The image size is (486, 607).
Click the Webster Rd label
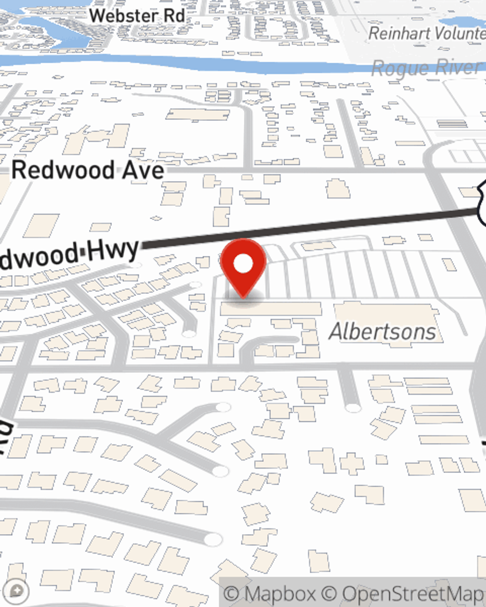[x=137, y=16]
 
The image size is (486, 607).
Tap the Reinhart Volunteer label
[x=427, y=34]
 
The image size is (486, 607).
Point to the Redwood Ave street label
[x=87, y=170]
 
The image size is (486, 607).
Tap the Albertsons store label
[x=382, y=332]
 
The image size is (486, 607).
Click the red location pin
[x=243, y=267]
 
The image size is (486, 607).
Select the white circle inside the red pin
[x=243, y=264]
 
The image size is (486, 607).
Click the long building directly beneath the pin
[x=271, y=309]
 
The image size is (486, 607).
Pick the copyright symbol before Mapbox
[x=232, y=594]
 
